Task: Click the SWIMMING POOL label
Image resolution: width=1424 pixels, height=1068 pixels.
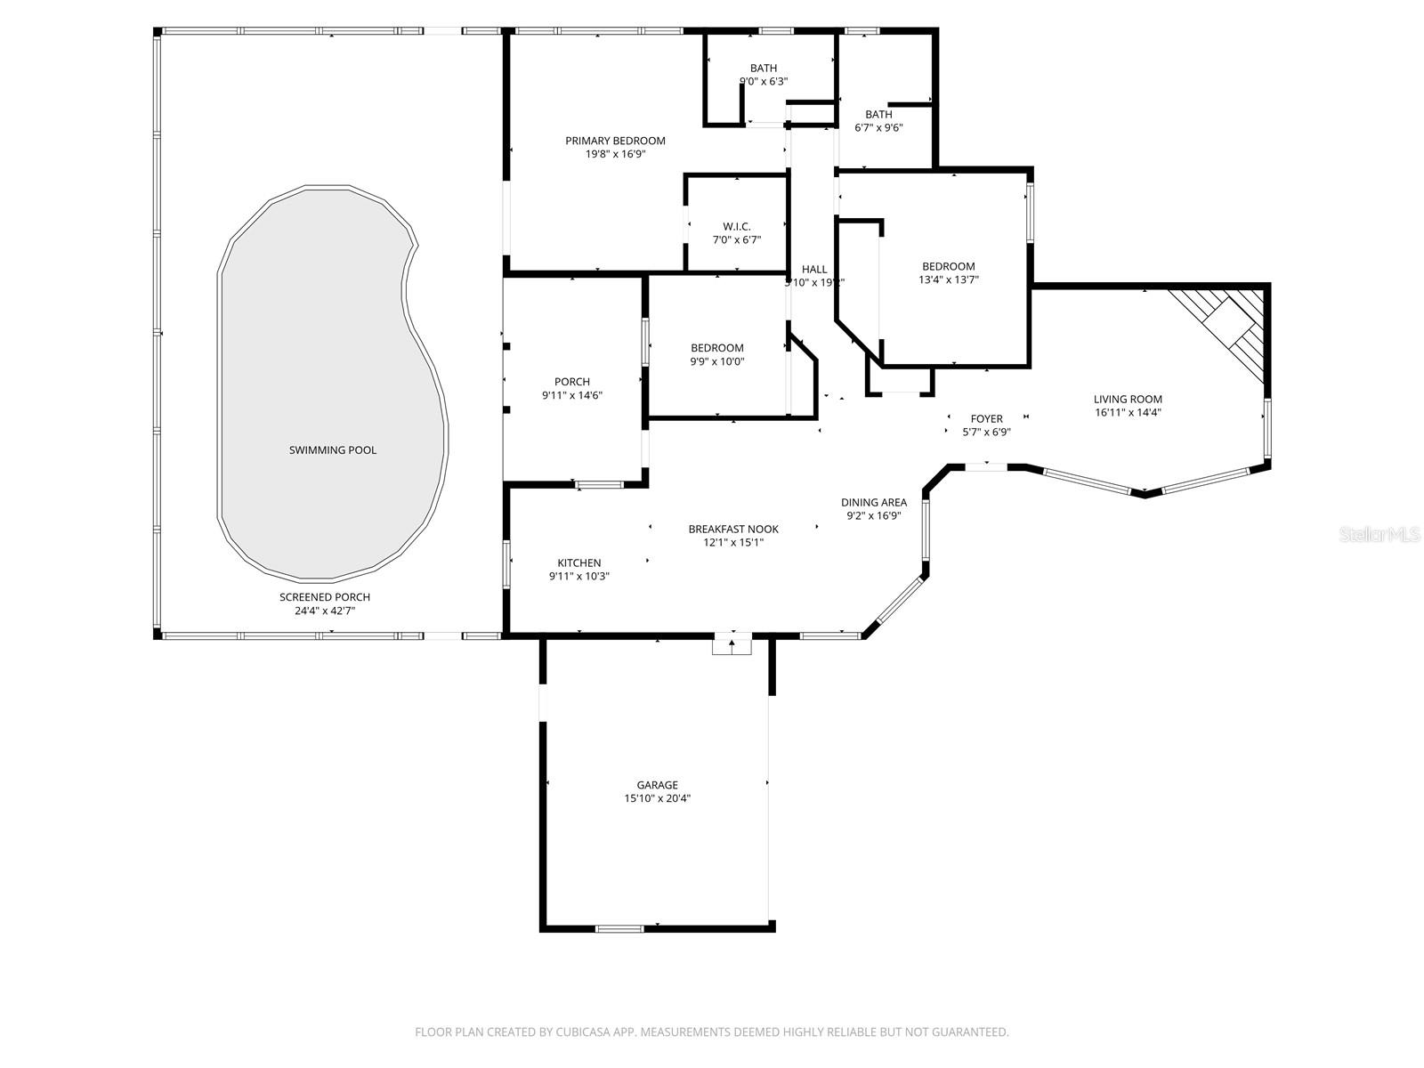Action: (332, 450)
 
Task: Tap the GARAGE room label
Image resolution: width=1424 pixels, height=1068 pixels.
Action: (657, 785)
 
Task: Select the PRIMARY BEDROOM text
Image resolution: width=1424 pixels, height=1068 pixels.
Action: (615, 141)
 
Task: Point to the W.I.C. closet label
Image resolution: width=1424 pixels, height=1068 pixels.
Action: (736, 227)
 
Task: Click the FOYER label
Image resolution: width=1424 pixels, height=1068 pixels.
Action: (986, 418)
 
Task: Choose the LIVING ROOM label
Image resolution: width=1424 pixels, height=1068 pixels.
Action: (1128, 400)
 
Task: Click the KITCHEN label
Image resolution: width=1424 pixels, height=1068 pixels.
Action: (578, 562)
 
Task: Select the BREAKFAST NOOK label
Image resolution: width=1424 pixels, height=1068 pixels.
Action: (732, 529)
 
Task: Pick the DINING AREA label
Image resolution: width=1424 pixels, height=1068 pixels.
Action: (873, 502)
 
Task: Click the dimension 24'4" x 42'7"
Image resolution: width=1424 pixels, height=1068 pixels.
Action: (324, 611)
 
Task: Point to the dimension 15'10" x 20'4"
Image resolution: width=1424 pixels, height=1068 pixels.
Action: (657, 798)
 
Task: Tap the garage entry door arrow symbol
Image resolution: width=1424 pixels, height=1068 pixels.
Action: (732, 643)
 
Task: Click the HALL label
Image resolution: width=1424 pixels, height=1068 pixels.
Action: (813, 269)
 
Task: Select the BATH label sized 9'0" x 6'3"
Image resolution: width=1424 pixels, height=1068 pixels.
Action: (763, 68)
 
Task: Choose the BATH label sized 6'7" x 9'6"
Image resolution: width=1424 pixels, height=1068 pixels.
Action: (878, 114)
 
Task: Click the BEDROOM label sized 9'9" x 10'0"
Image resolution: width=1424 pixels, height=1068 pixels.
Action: (716, 348)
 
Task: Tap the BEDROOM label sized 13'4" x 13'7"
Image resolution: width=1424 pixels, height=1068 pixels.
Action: (948, 266)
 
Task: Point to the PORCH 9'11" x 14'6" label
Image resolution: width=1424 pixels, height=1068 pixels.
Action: (571, 382)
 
